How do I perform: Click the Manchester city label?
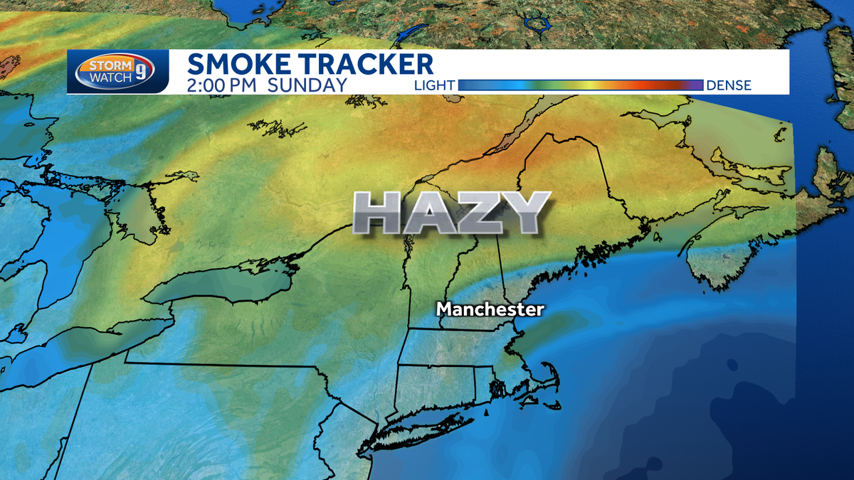(490, 309)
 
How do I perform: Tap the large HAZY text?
(452, 213)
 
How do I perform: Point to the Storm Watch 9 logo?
(118, 73)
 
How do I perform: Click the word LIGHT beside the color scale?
(434, 85)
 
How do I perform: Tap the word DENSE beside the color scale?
(729, 85)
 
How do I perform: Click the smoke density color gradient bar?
(581, 85)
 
